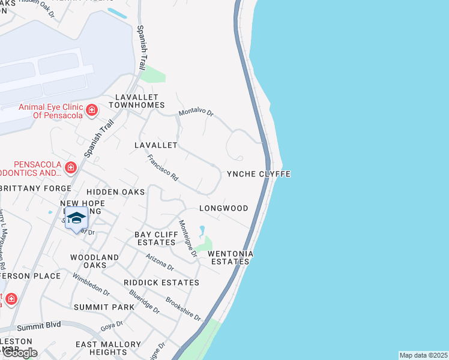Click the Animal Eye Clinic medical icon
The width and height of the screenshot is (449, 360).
(92, 110)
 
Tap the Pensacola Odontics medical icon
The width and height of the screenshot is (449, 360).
(71, 167)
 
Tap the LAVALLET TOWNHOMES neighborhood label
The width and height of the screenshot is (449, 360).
(136, 101)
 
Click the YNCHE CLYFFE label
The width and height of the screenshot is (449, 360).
(258, 174)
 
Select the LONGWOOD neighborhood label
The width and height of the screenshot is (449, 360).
(223, 208)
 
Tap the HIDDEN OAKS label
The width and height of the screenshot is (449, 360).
(116, 191)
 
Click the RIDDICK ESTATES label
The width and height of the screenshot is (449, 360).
(161, 282)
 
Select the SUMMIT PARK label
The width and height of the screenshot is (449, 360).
(104, 307)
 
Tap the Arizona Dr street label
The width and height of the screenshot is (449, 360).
(159, 262)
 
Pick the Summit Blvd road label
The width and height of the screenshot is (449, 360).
(39, 326)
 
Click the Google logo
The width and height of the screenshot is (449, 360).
(19, 353)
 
